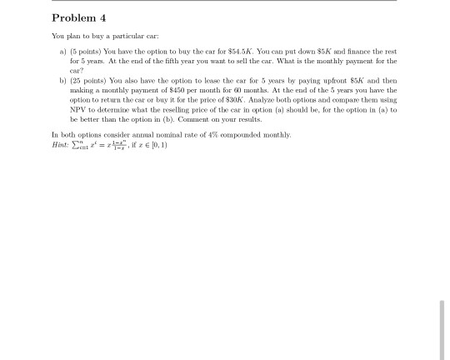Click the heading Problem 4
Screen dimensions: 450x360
click(79, 18)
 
